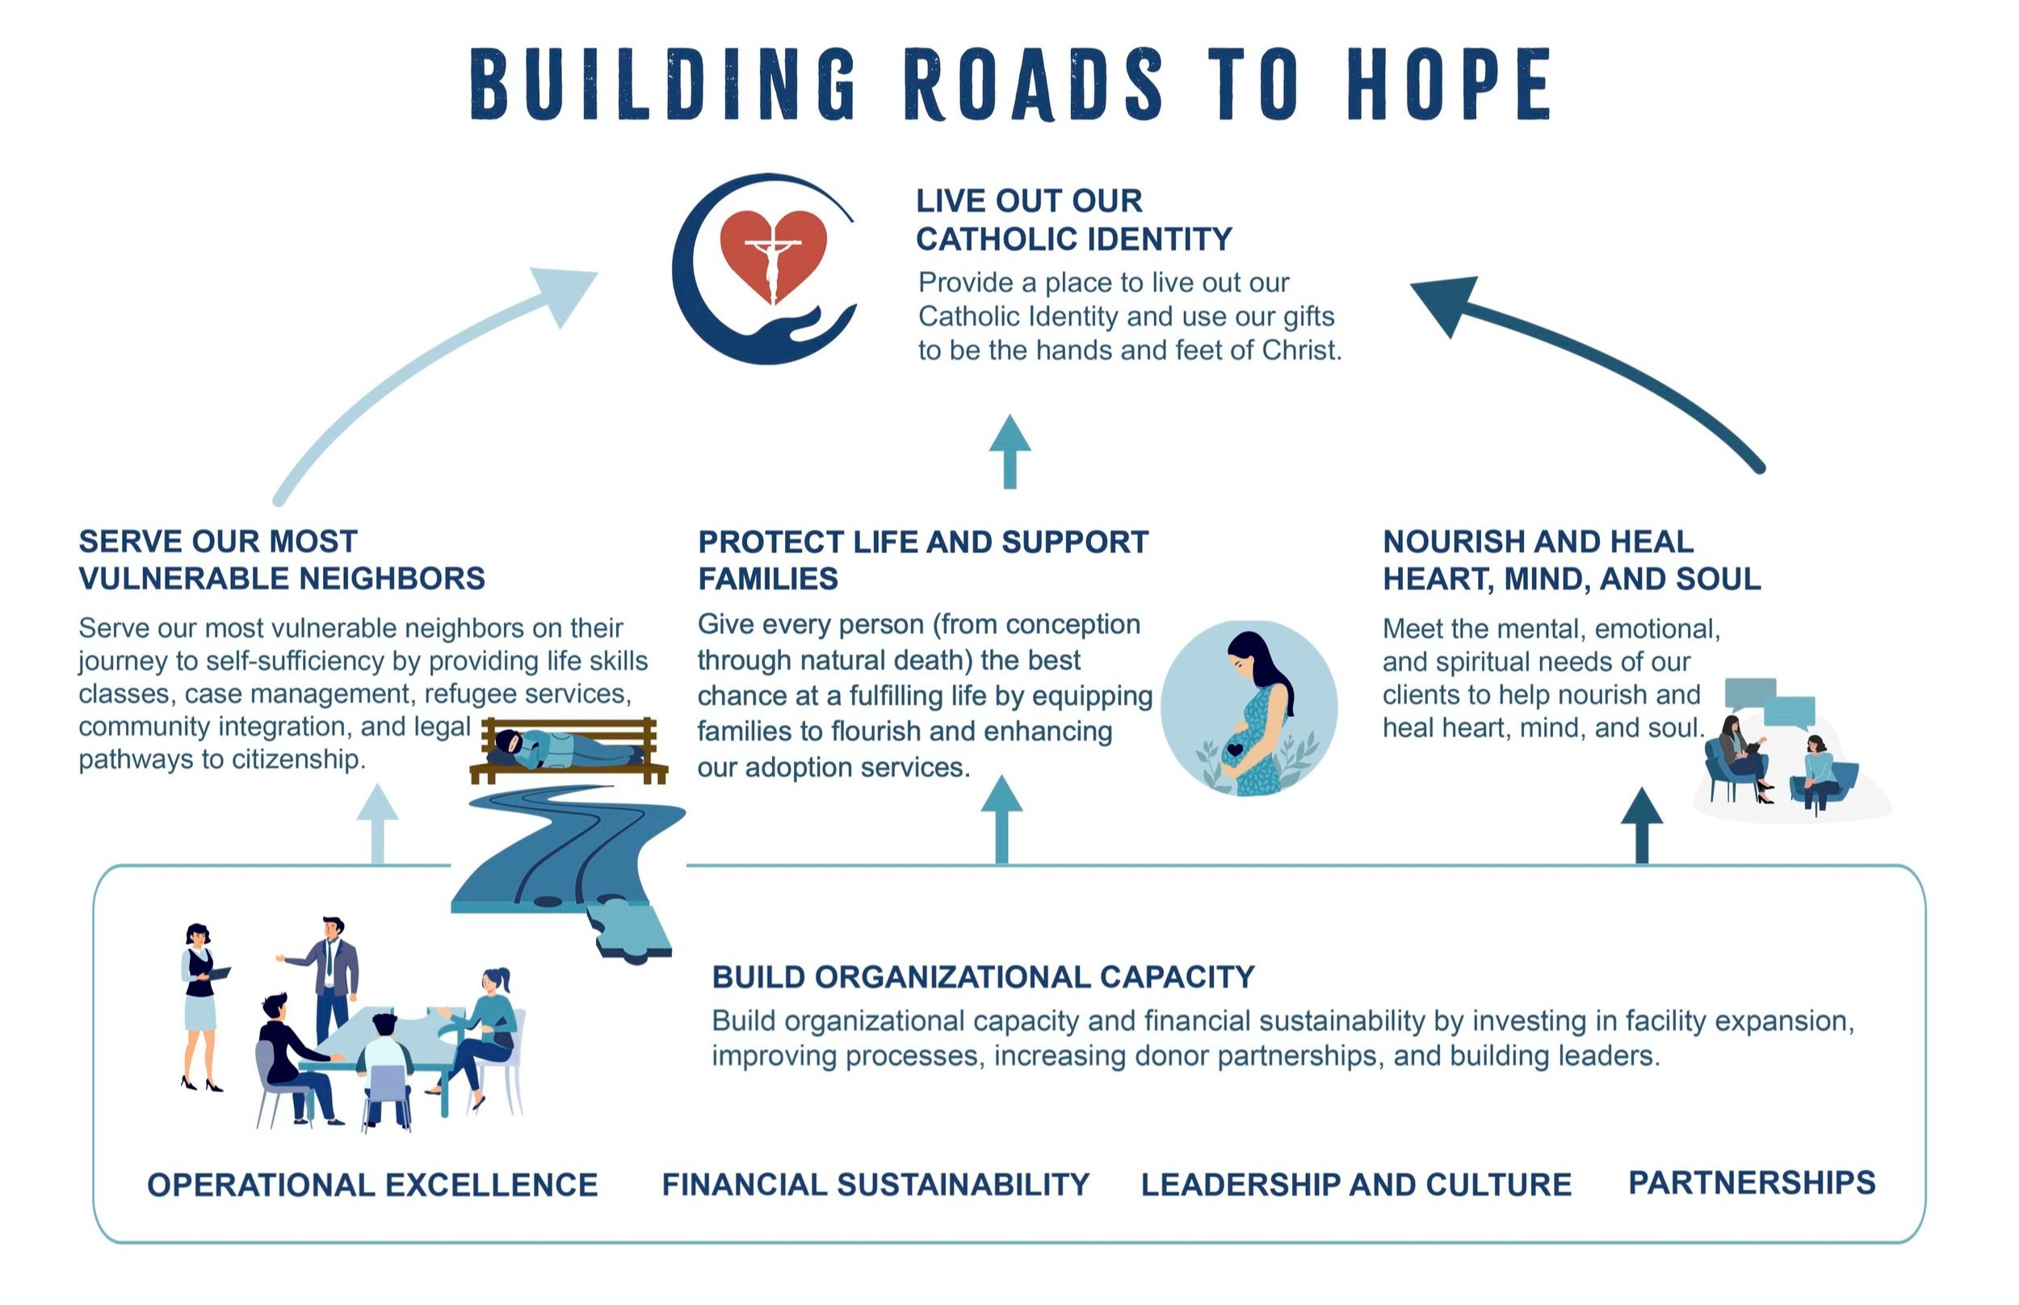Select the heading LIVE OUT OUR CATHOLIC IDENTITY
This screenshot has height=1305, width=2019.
pyautogui.click(x=1072, y=220)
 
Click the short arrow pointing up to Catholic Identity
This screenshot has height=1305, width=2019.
pyautogui.click(x=1009, y=451)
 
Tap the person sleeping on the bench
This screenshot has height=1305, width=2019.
pyautogui.click(x=564, y=749)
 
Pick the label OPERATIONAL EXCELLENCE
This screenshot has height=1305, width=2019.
pyautogui.click(x=372, y=1185)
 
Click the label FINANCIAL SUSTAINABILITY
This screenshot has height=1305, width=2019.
pyautogui.click(x=875, y=1185)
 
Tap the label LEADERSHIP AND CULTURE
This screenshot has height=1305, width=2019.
pyautogui.click(x=1356, y=1185)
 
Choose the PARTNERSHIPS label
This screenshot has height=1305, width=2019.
pyautogui.click(x=1751, y=1183)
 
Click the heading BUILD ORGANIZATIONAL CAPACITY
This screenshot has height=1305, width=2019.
pyautogui.click(x=983, y=977)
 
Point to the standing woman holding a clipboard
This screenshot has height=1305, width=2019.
pyautogui.click(x=200, y=1004)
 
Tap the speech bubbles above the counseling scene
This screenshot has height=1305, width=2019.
pyautogui.click(x=1771, y=703)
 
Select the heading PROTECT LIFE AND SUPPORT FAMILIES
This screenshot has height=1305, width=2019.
pyautogui.click(x=921, y=560)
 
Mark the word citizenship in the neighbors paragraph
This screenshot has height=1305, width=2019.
pyautogui.click(x=298, y=759)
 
